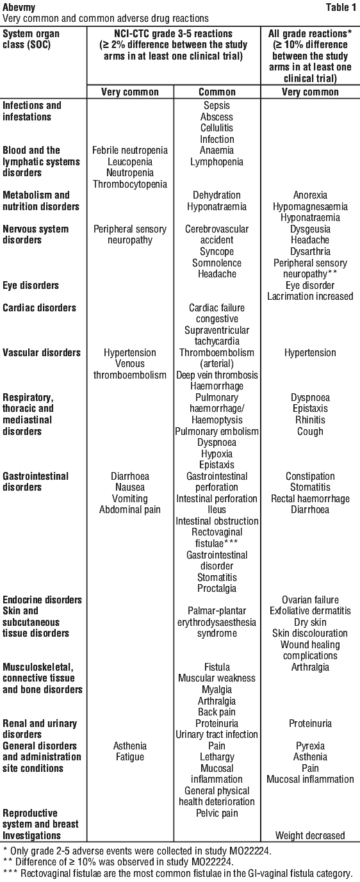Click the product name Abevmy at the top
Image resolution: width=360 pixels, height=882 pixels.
pos(19,8)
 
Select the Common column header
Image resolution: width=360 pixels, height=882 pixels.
pos(217,92)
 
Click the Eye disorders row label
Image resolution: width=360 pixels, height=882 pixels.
pos(31,286)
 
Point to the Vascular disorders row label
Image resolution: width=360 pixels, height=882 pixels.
pos(42,353)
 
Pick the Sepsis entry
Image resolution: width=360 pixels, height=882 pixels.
pos(217,106)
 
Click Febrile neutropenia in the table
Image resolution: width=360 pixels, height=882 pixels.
pos(130,151)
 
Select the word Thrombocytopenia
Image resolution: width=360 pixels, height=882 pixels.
pos(130,184)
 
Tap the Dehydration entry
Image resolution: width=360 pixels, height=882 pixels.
pos(217,195)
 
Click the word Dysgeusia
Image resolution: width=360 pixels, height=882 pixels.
pos(311,229)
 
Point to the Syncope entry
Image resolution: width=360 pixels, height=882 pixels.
pos(217,252)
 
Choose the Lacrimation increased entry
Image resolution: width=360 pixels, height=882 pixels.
pos(311,297)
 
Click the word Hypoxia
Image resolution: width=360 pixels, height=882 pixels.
pos(217,454)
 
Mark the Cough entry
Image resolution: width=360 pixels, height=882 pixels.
pos(311,432)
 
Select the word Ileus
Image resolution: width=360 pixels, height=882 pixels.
pos(217,510)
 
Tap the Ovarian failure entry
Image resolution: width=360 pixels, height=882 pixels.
pos(311,600)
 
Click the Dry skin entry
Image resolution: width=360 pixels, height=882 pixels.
pos(311,623)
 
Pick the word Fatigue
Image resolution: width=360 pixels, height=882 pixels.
pos(130,757)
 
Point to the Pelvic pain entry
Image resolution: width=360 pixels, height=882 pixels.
pos(217,813)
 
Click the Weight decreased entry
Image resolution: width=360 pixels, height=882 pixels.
pos(311,836)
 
